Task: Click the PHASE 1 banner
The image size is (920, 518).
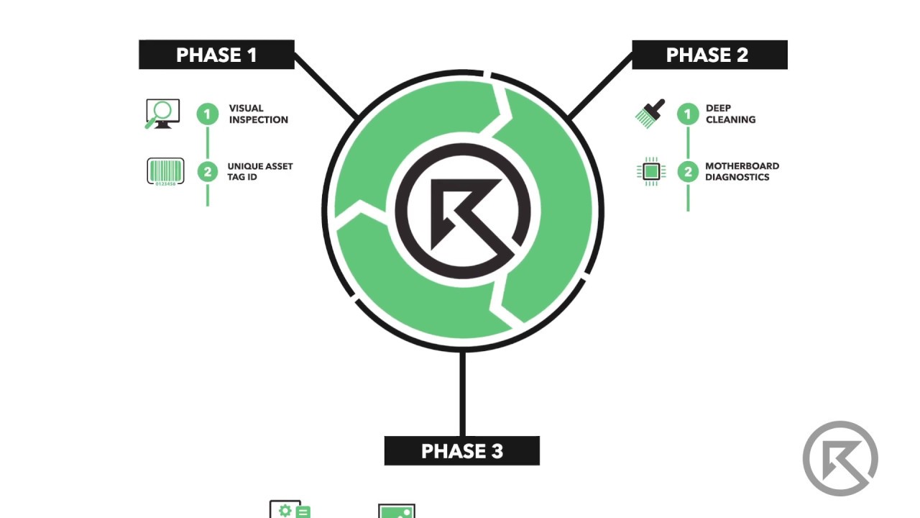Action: pos(216,55)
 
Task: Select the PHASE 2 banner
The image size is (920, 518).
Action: pos(709,55)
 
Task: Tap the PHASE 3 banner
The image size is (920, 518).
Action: pos(462,450)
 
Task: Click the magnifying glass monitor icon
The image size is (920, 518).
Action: pos(162,114)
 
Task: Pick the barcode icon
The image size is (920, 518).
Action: pos(165,171)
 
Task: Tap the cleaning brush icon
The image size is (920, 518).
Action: pos(650,114)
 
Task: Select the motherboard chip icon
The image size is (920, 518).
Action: pos(651,171)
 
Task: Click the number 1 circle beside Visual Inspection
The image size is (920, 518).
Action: pos(208,114)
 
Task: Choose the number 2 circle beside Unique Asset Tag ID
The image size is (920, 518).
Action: pos(208,172)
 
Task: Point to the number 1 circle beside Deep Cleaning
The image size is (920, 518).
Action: pos(688,114)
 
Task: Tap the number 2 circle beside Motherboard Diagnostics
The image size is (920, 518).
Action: pos(688,172)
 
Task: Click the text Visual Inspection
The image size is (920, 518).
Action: pos(258,114)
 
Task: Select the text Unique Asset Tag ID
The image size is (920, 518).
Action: pos(260,171)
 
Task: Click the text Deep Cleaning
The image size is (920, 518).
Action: pos(731,114)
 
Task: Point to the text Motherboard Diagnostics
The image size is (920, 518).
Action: pos(742,171)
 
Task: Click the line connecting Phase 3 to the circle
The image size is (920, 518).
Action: pos(462,394)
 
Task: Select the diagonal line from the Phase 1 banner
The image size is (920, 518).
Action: pos(326,86)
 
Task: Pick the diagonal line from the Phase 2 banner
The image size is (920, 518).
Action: pos(599,86)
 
